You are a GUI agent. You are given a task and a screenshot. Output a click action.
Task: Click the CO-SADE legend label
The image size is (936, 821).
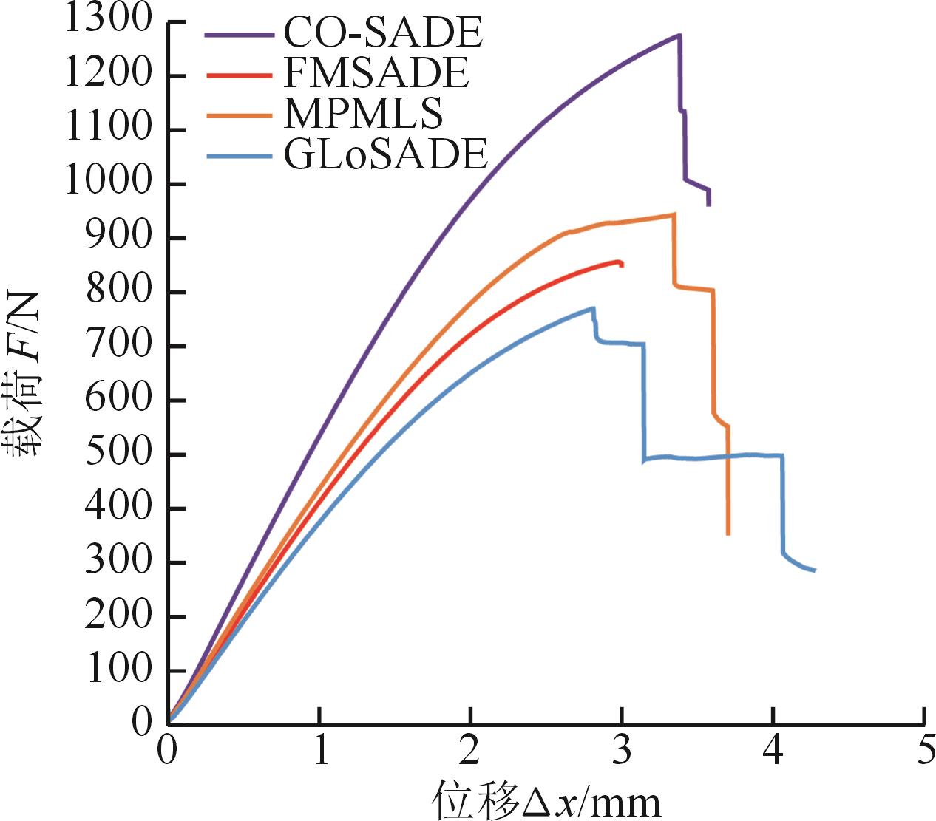click(x=383, y=33)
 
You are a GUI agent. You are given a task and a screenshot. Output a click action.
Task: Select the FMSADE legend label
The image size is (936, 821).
click(x=376, y=72)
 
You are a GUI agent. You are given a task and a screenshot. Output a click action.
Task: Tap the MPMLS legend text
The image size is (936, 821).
click(x=363, y=113)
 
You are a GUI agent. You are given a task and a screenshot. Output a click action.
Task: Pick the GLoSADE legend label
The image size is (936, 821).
click(x=385, y=154)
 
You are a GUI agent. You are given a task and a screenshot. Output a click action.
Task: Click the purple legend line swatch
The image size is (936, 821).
click(x=237, y=34)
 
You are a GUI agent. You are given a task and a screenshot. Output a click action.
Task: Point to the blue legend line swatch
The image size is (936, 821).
click(x=237, y=156)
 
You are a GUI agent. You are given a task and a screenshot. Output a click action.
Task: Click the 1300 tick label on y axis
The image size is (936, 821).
click(x=107, y=19)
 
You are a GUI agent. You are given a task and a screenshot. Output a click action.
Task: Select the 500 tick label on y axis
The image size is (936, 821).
click(x=118, y=454)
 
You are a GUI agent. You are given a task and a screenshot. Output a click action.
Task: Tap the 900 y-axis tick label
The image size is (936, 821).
click(x=118, y=237)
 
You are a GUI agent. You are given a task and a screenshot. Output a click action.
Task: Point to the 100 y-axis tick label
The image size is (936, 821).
click(x=118, y=670)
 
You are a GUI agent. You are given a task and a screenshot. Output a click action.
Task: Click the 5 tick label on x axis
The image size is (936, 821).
click(x=924, y=752)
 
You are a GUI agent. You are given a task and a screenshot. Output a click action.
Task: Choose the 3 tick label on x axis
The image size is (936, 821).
click(x=622, y=752)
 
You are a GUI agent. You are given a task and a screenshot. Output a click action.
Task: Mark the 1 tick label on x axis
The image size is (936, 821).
click(x=319, y=752)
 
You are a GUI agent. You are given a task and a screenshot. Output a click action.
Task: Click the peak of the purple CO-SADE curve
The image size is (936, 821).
click(x=679, y=35)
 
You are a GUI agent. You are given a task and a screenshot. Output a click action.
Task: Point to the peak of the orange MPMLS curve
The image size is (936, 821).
click(x=674, y=214)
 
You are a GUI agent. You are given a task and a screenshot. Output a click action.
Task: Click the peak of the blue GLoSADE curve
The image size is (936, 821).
click(x=593, y=308)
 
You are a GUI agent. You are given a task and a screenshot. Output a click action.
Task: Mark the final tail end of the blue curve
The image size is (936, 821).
click(x=815, y=570)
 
